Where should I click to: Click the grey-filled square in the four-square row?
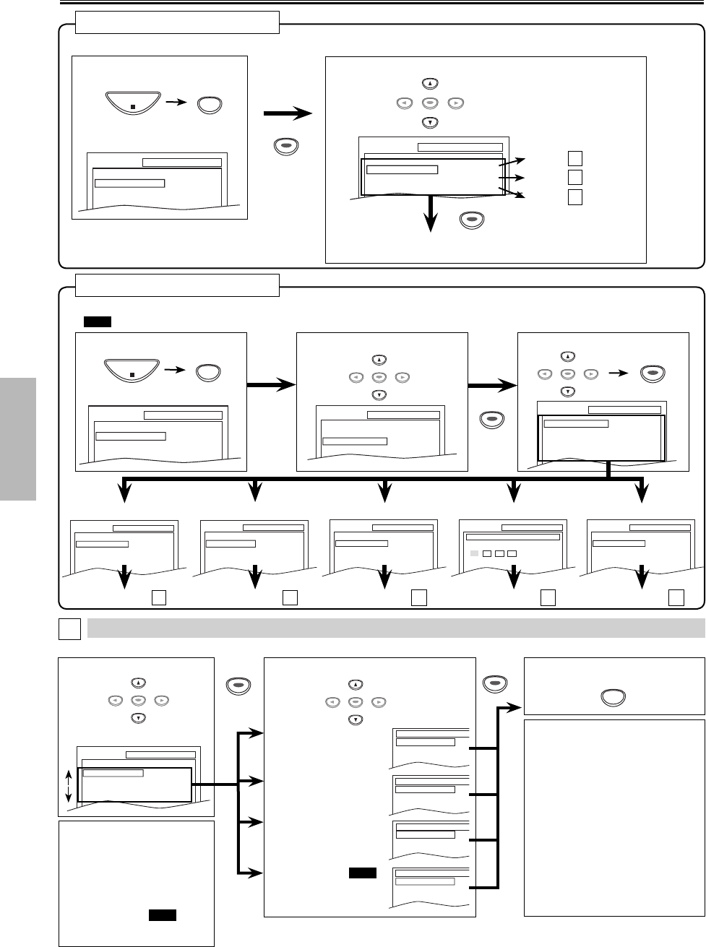[474, 553]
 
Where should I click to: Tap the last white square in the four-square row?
[512, 553]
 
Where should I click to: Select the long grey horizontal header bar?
[395, 628]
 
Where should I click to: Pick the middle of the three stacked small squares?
[574, 176]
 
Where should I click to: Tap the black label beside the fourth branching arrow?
[363, 873]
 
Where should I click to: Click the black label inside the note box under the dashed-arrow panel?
[163, 915]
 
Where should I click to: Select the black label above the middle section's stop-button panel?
[97, 321]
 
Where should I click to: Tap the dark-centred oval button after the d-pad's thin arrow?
[652, 373]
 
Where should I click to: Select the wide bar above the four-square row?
[513, 537]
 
